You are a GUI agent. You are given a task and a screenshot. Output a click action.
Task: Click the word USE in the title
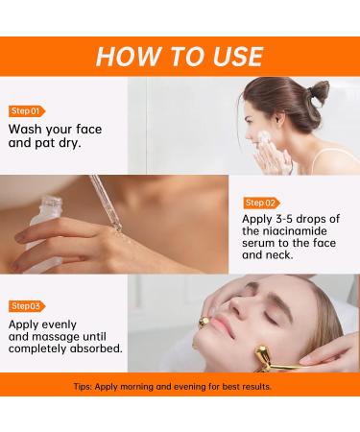coord(229,55)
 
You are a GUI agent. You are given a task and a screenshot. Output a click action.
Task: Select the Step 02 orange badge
coord(262,203)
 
